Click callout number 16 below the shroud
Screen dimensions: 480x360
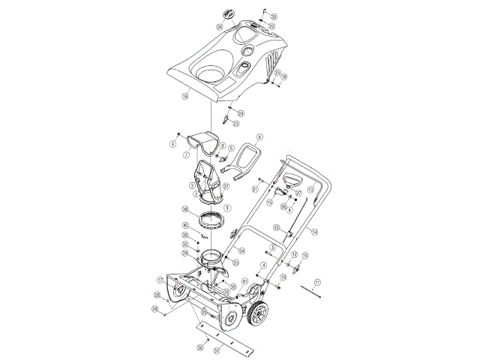coord(184,97)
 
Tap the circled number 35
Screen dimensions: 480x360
coord(273,16)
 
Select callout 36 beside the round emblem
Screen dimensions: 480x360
coord(219,26)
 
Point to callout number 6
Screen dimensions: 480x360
coord(259,137)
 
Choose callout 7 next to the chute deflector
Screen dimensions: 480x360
coord(186,155)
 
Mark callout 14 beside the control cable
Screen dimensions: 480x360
coord(314,232)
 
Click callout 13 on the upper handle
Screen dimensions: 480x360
coord(310,169)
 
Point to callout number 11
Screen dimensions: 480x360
coord(317,282)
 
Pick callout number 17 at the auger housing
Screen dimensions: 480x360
coord(159,280)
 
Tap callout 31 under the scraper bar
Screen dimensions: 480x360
coord(217,349)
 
